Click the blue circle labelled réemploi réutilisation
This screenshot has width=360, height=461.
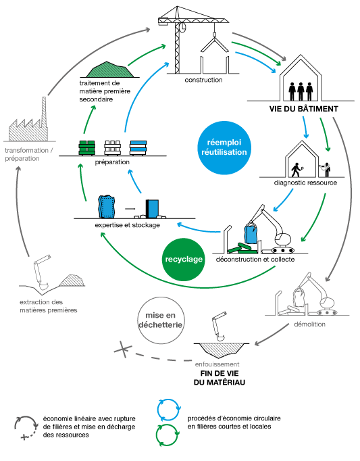click(x=224, y=147)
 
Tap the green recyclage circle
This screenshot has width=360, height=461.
click(x=184, y=260)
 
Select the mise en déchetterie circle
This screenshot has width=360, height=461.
click(x=161, y=320)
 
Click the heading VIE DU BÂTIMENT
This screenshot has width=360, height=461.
click(x=303, y=109)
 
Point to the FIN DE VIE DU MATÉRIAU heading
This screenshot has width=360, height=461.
click(x=220, y=378)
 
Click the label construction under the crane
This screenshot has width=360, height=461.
click(x=203, y=80)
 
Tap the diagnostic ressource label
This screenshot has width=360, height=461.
click(x=305, y=183)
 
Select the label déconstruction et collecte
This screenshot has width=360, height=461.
click(x=255, y=260)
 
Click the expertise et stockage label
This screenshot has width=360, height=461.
click(x=127, y=225)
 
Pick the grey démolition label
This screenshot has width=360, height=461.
click(x=310, y=324)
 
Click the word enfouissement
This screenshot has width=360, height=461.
click(x=217, y=364)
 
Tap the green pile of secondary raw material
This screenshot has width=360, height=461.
click(x=109, y=70)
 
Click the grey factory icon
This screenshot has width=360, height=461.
click(x=28, y=120)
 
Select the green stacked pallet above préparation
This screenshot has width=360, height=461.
click(x=86, y=147)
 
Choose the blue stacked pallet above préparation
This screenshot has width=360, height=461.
click(x=138, y=147)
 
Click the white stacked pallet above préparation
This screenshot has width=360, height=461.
click(x=113, y=147)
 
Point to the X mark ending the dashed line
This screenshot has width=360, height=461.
click(x=123, y=349)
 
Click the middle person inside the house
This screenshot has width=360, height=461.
click(x=301, y=91)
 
